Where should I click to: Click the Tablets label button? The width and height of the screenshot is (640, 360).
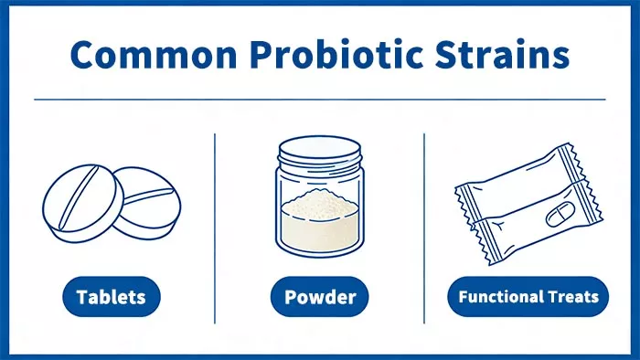tap(112, 296)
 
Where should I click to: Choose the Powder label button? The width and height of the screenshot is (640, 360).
tap(319, 296)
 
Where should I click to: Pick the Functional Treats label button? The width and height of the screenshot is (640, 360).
tap(528, 296)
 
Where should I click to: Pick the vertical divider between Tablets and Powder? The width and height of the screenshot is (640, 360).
tap(215, 228)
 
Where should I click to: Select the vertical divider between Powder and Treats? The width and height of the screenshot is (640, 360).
tap(424, 228)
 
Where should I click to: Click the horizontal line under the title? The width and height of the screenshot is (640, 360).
tap(320, 99)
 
